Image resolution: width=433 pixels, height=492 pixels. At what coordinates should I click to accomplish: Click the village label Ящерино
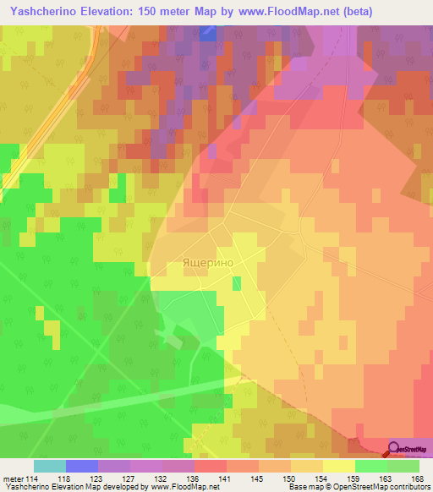(207, 263)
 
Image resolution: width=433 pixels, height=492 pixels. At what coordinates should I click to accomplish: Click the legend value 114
(33, 478)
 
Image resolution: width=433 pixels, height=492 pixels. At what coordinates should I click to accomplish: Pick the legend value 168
(418, 478)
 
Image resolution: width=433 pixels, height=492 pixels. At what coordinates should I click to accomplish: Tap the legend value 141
(226, 478)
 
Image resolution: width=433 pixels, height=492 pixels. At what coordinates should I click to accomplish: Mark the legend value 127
(129, 478)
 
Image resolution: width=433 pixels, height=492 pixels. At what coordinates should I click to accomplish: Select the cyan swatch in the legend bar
(49, 466)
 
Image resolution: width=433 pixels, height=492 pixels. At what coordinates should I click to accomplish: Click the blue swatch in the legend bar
(81, 466)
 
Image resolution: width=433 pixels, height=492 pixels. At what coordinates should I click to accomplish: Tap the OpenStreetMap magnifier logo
(394, 449)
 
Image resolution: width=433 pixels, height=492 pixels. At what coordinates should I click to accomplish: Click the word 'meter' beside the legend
(12, 478)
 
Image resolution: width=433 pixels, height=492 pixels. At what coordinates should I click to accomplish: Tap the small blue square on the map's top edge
(207, 32)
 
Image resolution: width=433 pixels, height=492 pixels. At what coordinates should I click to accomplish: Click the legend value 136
(194, 478)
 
